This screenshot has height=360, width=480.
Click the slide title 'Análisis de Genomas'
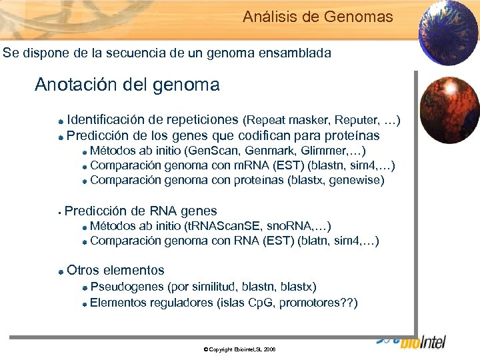pos(317,17)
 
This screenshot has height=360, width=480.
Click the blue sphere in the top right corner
pos(447,33)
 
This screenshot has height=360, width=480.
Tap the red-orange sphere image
pos(451,107)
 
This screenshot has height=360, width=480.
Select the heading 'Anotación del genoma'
pos(127,85)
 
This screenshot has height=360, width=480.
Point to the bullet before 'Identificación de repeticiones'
pos(61,121)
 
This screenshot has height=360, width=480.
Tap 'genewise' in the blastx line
pos(358,180)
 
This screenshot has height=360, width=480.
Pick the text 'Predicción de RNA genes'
pos(141,211)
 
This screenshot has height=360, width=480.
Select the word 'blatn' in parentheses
pos(316,241)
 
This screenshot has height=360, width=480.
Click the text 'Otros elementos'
pos(115,270)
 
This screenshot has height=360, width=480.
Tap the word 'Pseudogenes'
pos(127,287)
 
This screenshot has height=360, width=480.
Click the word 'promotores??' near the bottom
pos(317,303)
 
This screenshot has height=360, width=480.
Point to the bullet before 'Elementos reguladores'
pos(85,304)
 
